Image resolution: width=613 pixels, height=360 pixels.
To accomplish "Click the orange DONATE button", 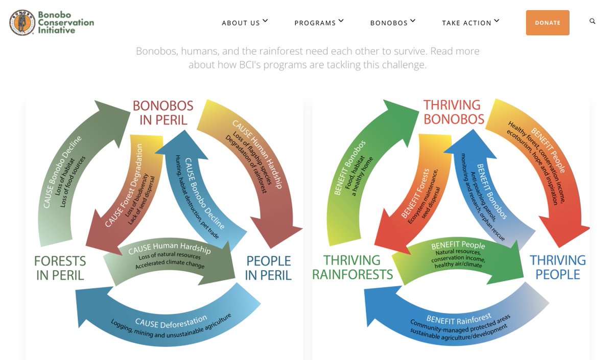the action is tap(548, 22).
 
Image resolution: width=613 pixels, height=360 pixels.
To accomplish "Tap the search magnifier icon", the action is tap(592, 21).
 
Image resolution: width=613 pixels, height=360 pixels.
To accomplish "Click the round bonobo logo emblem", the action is tap(22, 22).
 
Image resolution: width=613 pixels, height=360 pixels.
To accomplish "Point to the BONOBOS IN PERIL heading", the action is tap(163, 113).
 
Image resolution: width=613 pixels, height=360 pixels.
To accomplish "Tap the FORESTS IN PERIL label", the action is tap(60, 268).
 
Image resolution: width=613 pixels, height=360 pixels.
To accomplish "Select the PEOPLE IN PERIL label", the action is tap(268, 268).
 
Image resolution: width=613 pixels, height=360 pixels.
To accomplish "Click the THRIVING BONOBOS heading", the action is tap(454, 112).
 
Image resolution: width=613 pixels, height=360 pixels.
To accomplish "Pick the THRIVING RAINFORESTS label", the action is tap(352, 267).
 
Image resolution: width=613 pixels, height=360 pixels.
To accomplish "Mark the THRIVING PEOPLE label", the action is tap(558, 267).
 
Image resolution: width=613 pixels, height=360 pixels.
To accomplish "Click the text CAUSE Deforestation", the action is tap(171, 322).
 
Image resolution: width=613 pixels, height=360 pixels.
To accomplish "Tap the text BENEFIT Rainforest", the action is tap(459, 319).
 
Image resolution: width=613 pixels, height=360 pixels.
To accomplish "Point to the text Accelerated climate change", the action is tap(170, 264).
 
